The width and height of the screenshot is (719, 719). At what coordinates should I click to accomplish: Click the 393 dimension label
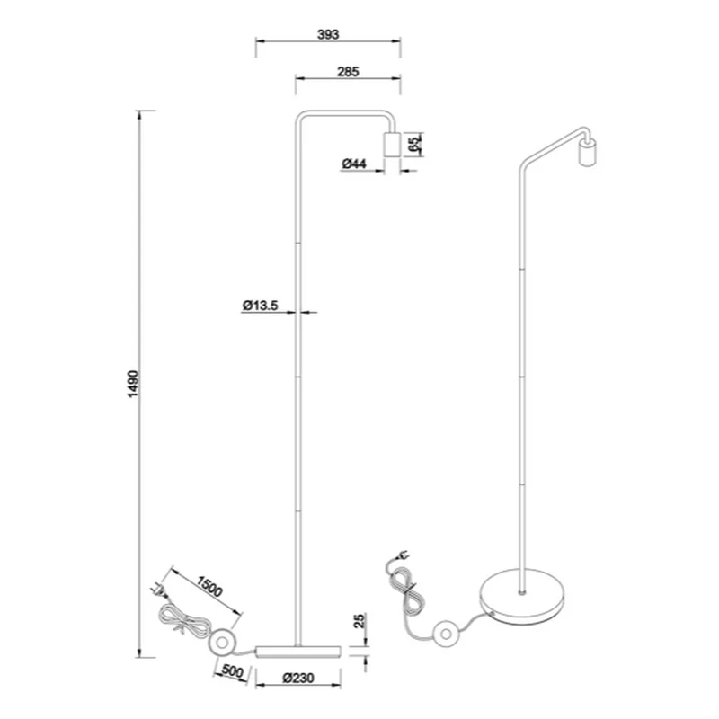328,34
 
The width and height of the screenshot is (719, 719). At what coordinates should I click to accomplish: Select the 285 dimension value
348,72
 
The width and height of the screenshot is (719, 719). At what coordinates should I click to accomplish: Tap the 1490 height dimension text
132,384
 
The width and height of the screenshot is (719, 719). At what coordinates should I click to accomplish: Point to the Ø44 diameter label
354,164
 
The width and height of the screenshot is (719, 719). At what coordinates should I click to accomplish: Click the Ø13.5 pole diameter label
261,305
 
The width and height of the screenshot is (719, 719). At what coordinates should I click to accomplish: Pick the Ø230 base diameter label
298,678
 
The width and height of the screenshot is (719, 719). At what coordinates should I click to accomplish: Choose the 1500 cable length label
209,586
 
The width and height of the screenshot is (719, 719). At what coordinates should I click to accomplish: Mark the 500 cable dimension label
232,671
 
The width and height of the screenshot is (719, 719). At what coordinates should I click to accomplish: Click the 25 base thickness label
360,620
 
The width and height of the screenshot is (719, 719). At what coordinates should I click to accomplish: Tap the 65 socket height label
414,144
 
